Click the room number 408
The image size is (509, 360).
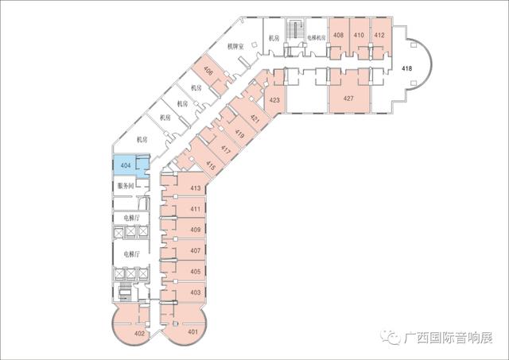point(339,35)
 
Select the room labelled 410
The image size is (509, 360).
point(359,35)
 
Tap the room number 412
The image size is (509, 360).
point(379,35)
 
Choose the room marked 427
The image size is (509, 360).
point(348,99)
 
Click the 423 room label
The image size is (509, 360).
point(274,100)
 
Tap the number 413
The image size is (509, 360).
point(195,188)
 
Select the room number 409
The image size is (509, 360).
point(195,230)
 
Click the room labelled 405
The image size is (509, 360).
point(195,271)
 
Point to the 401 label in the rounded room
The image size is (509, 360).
point(192,332)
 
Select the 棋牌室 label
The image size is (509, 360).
point(235,47)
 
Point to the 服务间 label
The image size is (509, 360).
point(126,185)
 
